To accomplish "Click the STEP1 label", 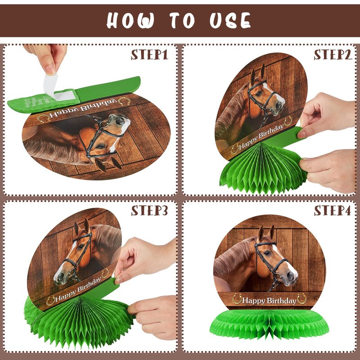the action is click(149, 54).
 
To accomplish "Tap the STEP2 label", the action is click(333, 54).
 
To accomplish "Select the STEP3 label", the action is click(149, 210).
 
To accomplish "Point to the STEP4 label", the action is click(333, 210).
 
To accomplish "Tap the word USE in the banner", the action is click(230, 20).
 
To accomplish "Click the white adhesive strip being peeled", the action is click(57, 88).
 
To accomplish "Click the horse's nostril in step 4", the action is click(290, 275).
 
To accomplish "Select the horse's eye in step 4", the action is click(267, 252).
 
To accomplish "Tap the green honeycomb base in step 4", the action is click(269, 324).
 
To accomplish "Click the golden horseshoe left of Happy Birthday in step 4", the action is click(237, 299).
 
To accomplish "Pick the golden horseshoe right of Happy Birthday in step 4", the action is click(301, 299).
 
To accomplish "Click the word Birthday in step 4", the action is click(282, 301).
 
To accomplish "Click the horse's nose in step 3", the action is click(59, 277).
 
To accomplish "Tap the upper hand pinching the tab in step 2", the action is click(327, 114).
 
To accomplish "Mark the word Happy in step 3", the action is click(66, 295).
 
